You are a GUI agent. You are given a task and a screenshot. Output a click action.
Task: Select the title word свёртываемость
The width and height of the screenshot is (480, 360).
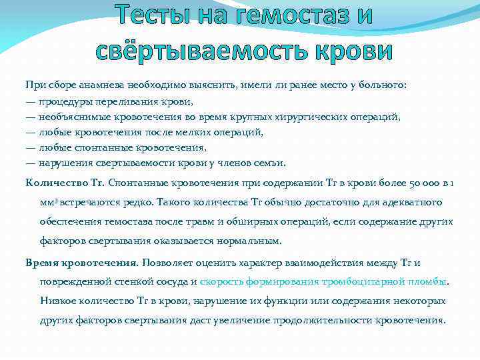click(x=199, y=49)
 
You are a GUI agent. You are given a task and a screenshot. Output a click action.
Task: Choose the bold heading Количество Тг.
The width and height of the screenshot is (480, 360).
click(x=65, y=182)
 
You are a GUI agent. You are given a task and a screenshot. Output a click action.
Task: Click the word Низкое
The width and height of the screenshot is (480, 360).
click(x=59, y=301)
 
